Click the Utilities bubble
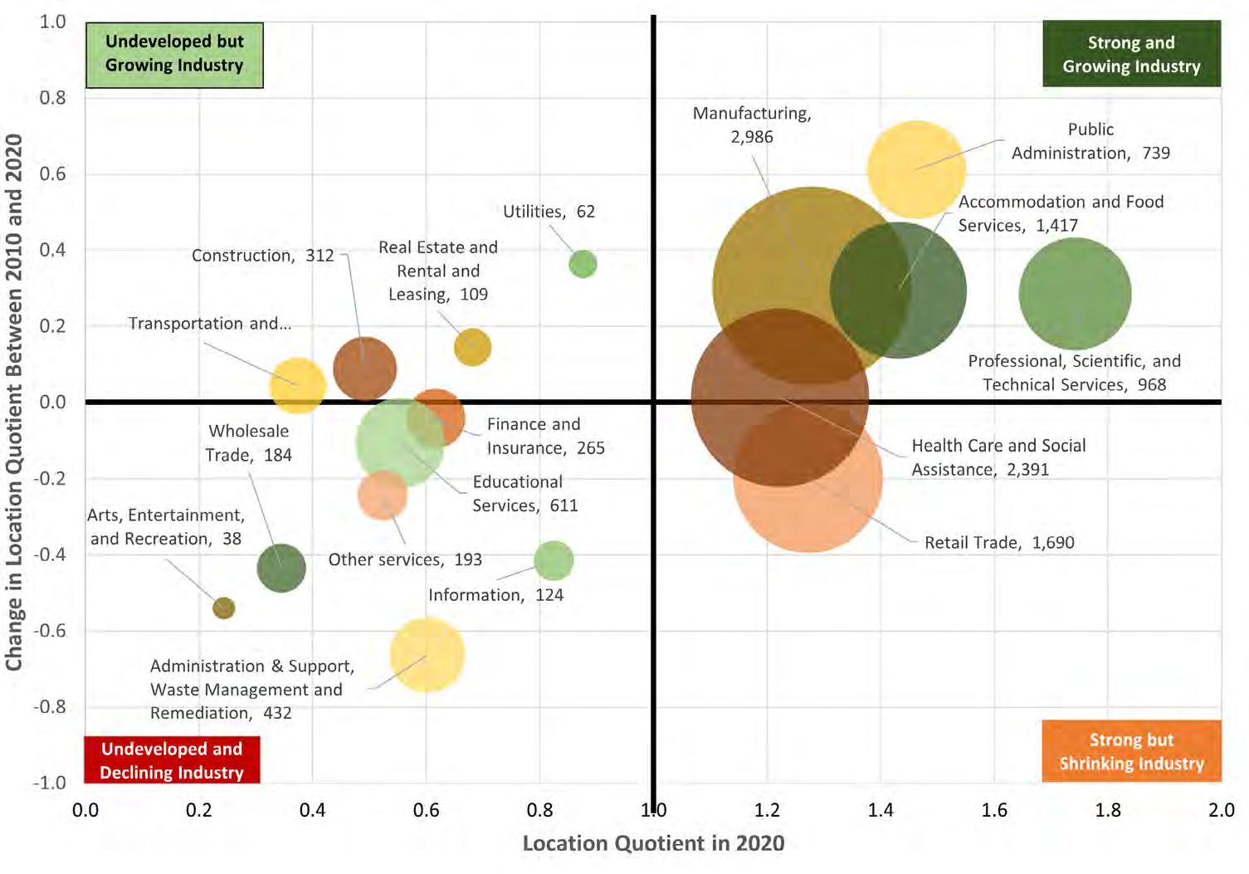click(583, 264)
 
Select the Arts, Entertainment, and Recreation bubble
click(223, 608)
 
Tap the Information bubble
click(554, 561)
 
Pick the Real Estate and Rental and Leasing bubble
click(473, 347)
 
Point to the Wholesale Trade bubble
click(281, 569)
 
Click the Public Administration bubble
click(916, 168)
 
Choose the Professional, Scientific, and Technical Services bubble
click(1075, 294)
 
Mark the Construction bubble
click(364, 369)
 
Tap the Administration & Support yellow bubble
click(427, 655)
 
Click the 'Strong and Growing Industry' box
click(1131, 55)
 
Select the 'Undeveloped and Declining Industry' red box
click(172, 760)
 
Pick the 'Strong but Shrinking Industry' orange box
click(1131, 751)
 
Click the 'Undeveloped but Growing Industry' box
click(174, 55)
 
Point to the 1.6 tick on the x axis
click(994, 810)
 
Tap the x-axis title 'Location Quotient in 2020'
click(653, 843)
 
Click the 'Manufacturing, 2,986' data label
click(752, 125)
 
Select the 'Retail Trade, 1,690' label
click(999, 543)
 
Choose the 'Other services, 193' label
click(405, 559)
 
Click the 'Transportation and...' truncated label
click(209, 324)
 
